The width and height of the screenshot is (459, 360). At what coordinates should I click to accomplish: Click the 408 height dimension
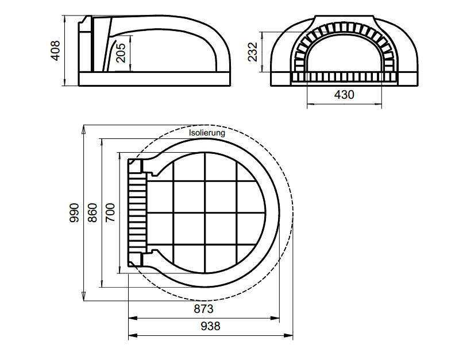(x=55, y=51)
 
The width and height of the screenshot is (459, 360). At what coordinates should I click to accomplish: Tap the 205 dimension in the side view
(x=121, y=53)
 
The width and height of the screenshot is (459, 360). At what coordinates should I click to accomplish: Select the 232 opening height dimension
(x=252, y=52)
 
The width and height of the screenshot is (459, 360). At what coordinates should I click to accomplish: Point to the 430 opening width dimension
(x=344, y=95)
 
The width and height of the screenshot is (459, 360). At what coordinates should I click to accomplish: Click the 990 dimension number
(x=74, y=213)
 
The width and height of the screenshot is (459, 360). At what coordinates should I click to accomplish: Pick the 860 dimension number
(x=92, y=213)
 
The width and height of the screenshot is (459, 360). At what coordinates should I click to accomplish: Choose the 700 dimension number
(x=110, y=213)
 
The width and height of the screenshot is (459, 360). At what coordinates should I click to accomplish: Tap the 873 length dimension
(x=204, y=309)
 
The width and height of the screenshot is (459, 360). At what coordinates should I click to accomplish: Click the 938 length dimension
(x=210, y=326)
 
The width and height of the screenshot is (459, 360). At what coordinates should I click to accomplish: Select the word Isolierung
(x=207, y=133)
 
